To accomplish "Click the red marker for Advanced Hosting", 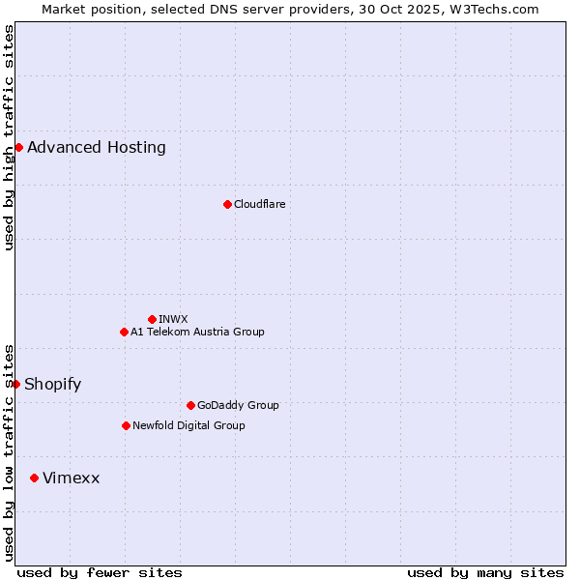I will tap(18, 147).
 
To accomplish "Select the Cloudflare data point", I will tap(227, 204).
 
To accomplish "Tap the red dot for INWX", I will tap(152, 319).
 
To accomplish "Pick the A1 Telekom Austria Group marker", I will tap(124, 332).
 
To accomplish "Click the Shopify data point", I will tap(15, 384).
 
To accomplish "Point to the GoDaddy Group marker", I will tap(190, 405).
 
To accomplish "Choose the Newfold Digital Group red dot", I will tap(126, 425).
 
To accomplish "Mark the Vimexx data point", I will tap(34, 478).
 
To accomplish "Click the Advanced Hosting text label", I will tap(97, 147).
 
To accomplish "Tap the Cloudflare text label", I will tap(259, 204).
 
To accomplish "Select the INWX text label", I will tap(173, 319).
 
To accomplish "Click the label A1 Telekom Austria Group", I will tap(197, 332).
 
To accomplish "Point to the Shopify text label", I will tap(52, 384).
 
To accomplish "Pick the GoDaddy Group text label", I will tap(238, 405).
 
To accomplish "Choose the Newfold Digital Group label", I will tap(188, 425).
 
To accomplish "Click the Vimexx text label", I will tap(71, 478).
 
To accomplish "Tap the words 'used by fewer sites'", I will tap(100, 572).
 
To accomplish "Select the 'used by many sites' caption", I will tap(485, 572).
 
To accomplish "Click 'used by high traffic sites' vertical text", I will tap(9, 137).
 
